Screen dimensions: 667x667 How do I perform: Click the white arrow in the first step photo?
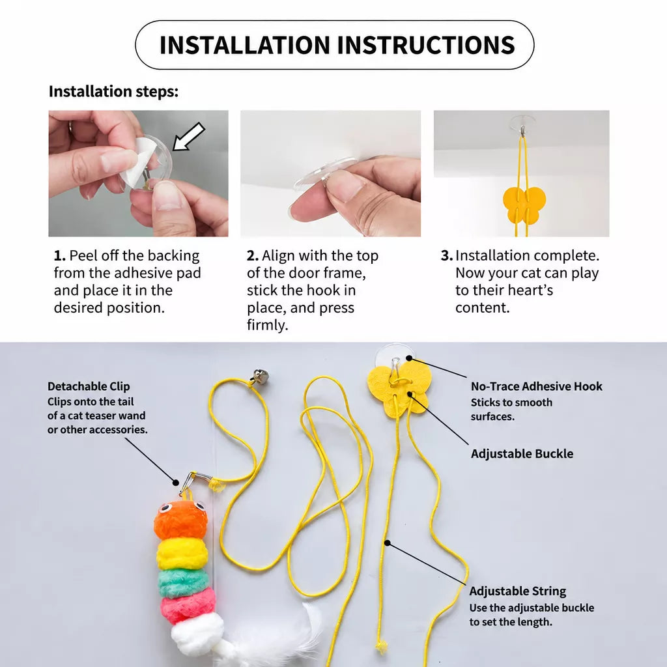tap(188, 137)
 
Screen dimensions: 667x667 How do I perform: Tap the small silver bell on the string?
tap(261, 376)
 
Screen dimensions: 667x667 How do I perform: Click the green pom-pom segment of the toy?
tap(184, 584)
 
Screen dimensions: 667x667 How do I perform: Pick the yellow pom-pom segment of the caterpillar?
tap(182, 554)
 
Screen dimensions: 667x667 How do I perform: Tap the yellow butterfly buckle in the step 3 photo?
tap(524, 205)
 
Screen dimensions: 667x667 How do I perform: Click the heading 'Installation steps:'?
tap(113, 91)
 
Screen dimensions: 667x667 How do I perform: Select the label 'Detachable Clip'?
tap(89, 386)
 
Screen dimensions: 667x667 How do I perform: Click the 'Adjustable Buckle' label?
tap(522, 453)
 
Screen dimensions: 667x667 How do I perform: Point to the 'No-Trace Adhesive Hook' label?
tap(537, 386)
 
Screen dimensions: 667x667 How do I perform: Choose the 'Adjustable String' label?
tap(518, 591)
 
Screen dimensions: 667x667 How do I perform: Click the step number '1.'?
tap(59, 255)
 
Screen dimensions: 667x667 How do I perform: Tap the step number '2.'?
tap(253, 255)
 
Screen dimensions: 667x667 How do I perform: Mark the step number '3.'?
tap(447, 255)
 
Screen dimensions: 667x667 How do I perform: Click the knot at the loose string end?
tap(382, 647)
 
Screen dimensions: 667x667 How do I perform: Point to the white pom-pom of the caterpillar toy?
tap(198, 632)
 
